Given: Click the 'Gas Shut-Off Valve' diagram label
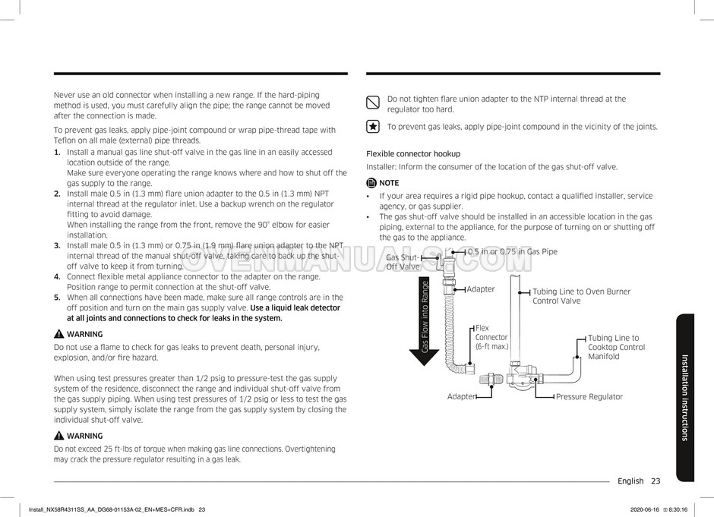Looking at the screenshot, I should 403,262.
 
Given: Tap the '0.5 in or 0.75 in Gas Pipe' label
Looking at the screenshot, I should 512,251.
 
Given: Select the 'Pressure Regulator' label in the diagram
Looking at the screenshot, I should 589,396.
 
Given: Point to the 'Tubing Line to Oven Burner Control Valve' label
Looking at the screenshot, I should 581,296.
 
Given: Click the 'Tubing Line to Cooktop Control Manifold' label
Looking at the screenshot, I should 616,347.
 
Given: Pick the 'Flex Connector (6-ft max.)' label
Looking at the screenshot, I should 491,337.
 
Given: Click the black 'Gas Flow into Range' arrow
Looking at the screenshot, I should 425,326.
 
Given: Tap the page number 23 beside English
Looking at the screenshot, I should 656,481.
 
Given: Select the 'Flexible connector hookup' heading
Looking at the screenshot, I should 413,153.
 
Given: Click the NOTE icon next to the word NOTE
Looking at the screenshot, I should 371,183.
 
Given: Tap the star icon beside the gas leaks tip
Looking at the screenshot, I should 373,127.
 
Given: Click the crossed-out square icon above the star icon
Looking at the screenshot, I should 373,102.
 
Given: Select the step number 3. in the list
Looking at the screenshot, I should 57,245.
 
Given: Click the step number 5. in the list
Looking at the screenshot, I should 57,298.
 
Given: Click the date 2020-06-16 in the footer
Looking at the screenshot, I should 646,509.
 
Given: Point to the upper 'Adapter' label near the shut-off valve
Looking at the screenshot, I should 480,288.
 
